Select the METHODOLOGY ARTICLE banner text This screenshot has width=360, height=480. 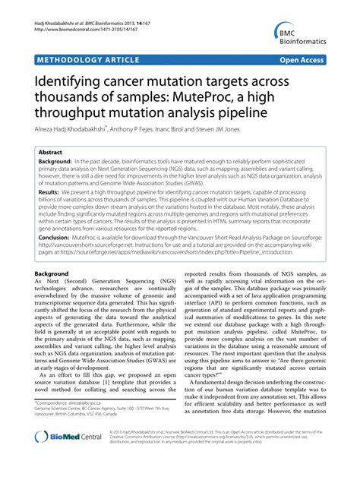pyautogui.click(x=83, y=58)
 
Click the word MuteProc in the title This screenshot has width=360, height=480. pyautogui.click(x=218, y=96)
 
